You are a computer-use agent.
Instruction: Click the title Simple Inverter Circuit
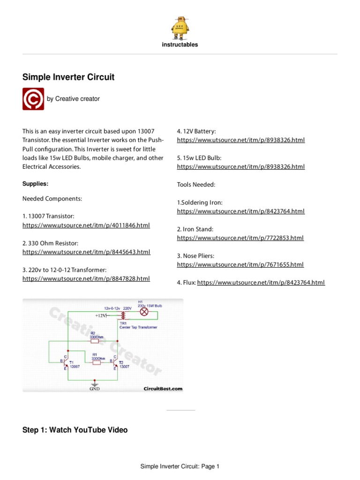[x=68, y=77]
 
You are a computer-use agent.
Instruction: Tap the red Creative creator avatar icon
[x=33, y=99]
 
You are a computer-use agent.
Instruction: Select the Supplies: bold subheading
[x=35, y=184]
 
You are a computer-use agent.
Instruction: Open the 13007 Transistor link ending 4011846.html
[x=86, y=225]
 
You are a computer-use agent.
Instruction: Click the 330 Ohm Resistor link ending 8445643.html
[x=86, y=252]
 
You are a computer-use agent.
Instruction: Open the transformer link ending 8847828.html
[x=86, y=279]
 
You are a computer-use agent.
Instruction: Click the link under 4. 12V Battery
[x=241, y=140]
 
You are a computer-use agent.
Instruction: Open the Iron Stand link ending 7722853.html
[x=240, y=238]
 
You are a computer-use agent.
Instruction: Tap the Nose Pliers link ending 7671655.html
[x=240, y=265]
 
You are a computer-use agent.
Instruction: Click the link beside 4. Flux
[x=261, y=283]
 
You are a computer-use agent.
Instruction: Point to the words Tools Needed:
[x=196, y=185]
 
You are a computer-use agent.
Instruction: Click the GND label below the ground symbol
[x=95, y=389]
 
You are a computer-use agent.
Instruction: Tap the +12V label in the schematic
[x=101, y=316]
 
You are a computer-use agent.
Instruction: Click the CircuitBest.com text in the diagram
[x=163, y=389]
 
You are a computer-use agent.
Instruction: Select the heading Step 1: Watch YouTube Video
[x=75, y=430]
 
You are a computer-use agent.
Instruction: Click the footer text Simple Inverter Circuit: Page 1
[x=180, y=466]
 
